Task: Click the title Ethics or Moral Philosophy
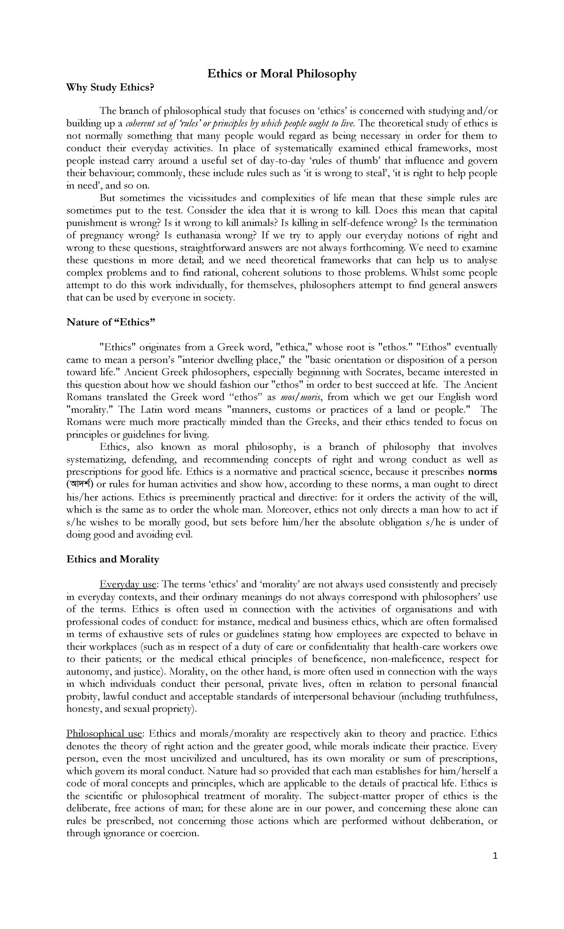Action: coord(282,74)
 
